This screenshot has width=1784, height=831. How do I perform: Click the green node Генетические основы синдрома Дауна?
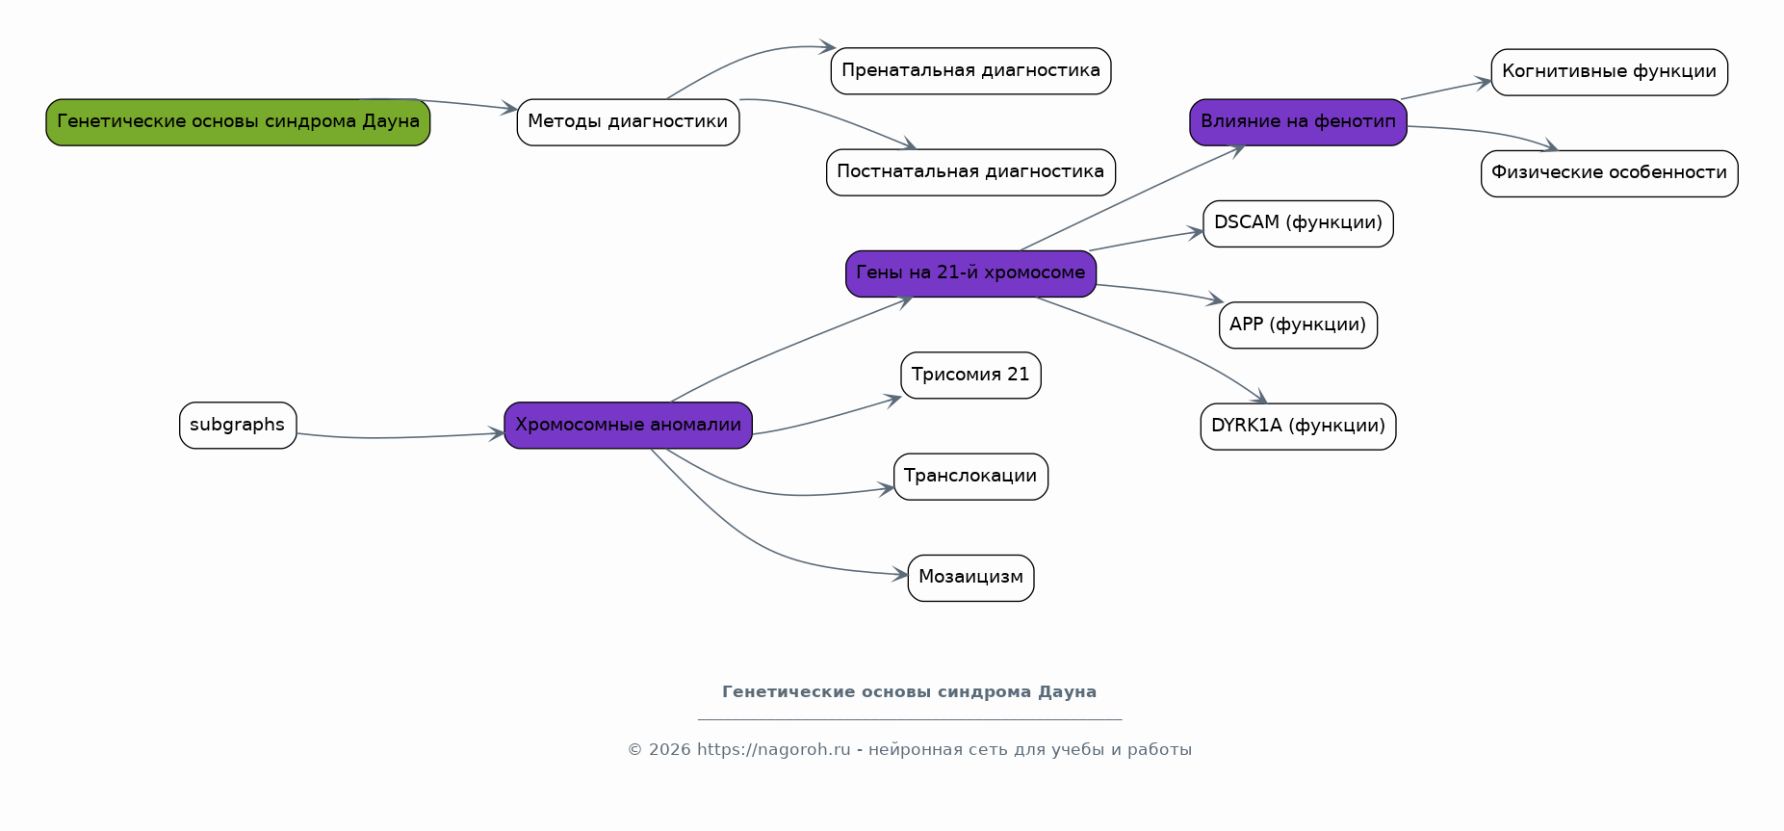[x=238, y=122]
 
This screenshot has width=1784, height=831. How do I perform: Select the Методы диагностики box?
[x=628, y=122]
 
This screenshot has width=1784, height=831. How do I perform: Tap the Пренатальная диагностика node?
[x=970, y=71]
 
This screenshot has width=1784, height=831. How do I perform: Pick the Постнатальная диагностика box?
[x=970, y=172]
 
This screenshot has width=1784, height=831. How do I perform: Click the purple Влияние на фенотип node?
[x=1298, y=122]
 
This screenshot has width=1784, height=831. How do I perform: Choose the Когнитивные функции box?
[x=1609, y=72]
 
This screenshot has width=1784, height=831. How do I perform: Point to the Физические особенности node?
[x=1609, y=173]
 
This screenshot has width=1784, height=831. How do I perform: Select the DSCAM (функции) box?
[x=1298, y=223]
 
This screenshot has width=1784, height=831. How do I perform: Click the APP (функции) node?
[x=1298, y=325]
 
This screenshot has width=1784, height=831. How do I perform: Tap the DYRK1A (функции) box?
[x=1298, y=427]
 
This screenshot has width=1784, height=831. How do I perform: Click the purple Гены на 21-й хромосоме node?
[x=970, y=273]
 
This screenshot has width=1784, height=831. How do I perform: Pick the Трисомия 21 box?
[x=970, y=376]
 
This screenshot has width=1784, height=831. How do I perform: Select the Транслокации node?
[x=970, y=477]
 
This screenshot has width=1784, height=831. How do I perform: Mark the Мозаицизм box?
[x=970, y=578]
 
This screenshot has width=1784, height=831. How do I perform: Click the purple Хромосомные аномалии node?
[x=628, y=426]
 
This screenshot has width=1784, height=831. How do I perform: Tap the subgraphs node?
[x=238, y=426]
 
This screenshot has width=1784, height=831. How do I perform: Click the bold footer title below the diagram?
[x=909, y=692]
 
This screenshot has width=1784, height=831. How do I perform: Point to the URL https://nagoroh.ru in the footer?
[x=773, y=750]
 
